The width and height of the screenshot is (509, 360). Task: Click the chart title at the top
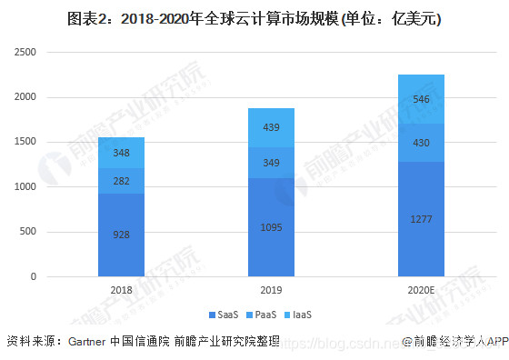(254, 18)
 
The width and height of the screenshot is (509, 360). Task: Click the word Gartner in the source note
(87, 342)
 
